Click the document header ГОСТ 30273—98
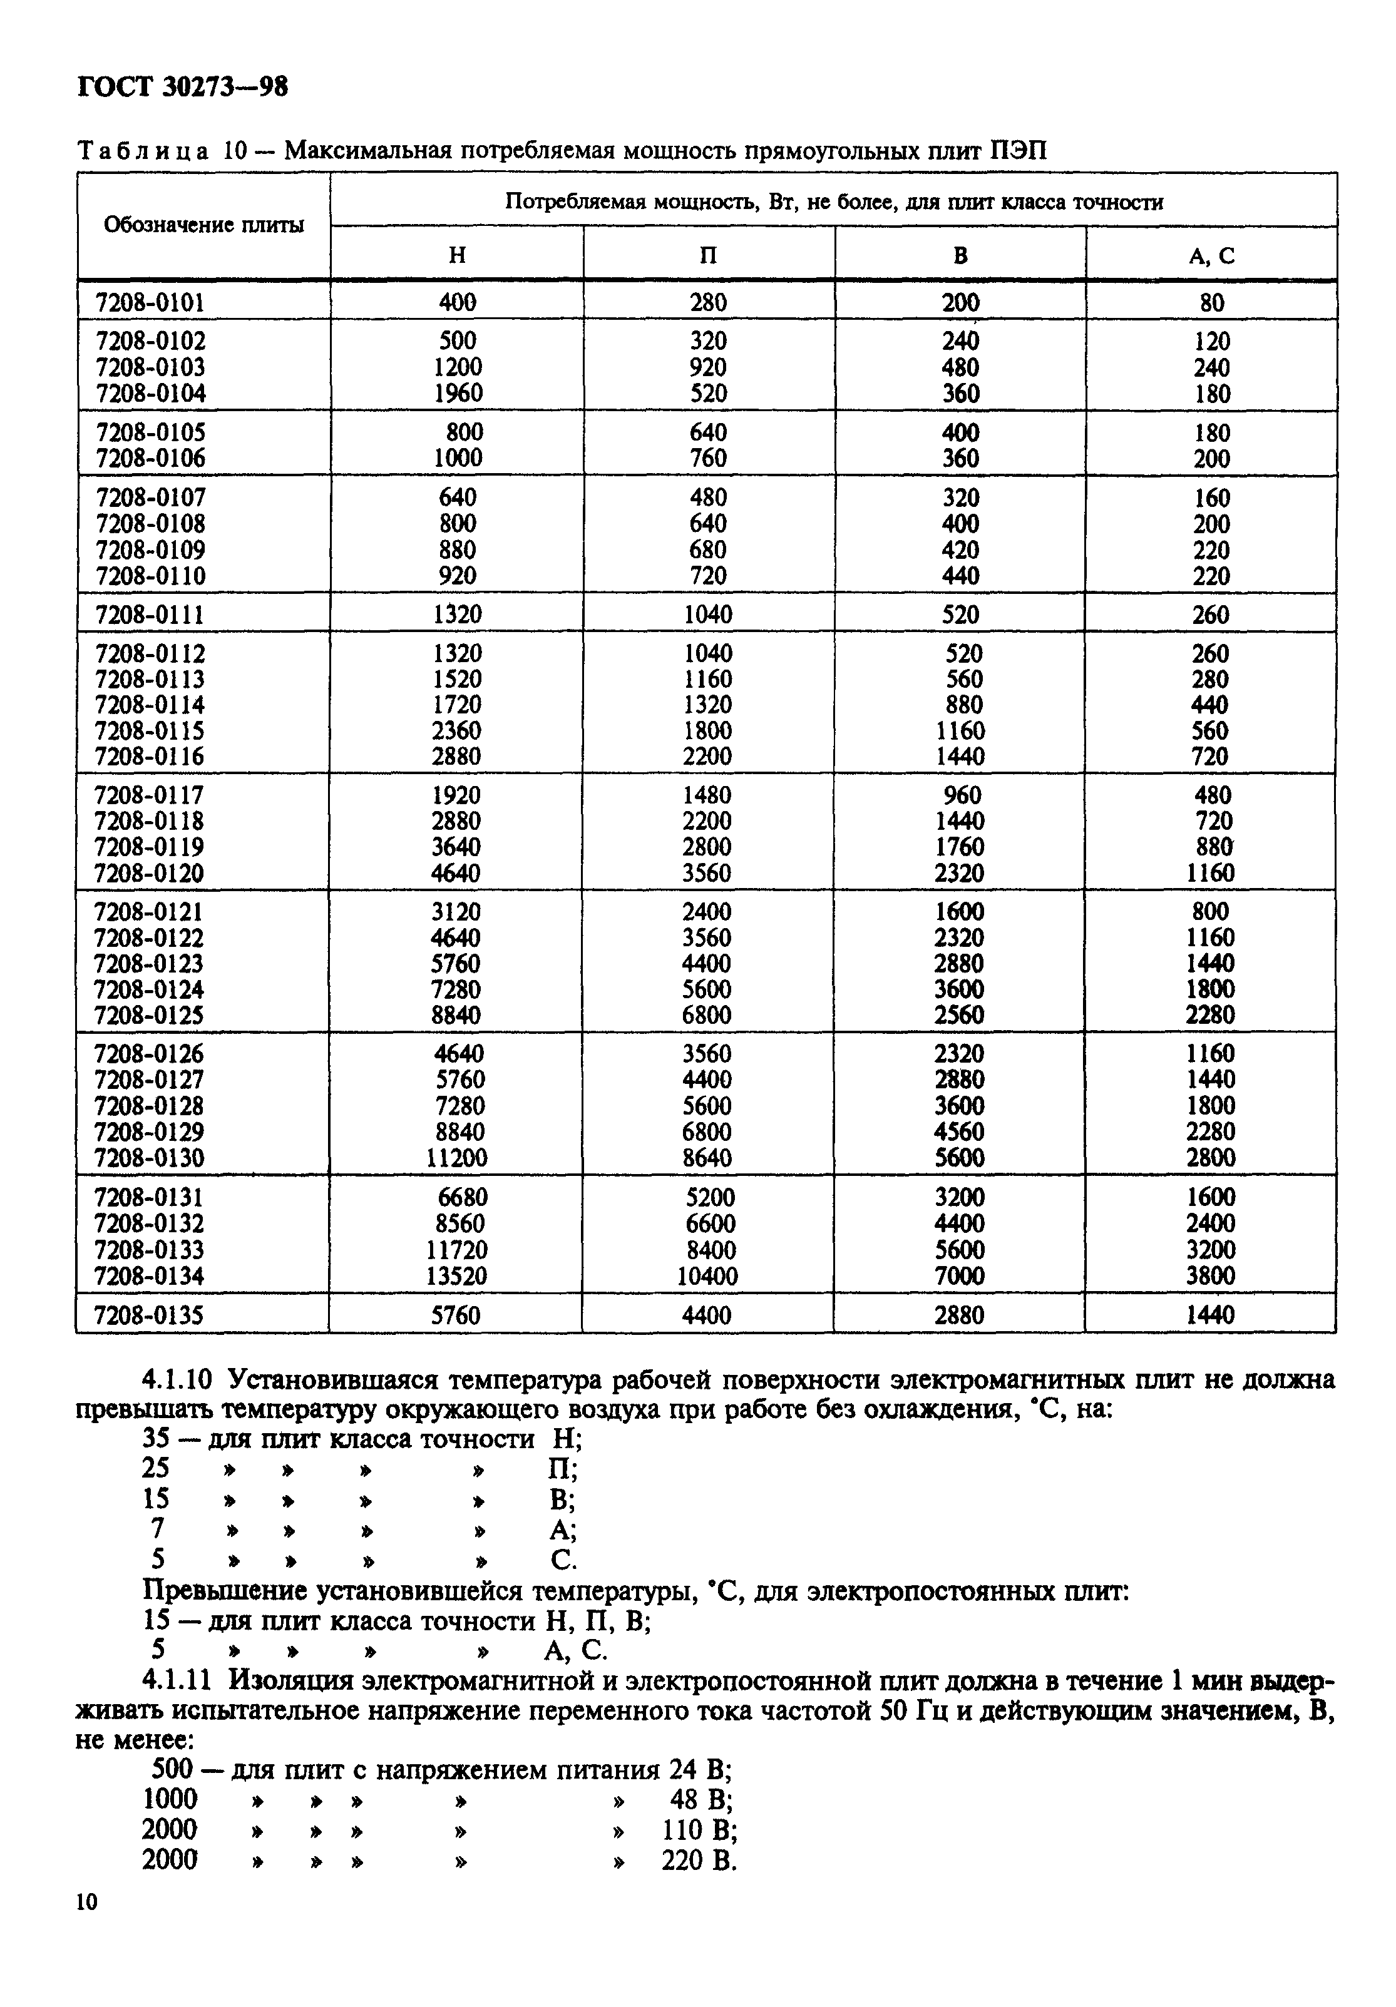(182, 86)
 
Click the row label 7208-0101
(150, 302)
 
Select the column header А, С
(1211, 255)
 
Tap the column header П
(708, 255)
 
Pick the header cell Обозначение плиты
(203, 225)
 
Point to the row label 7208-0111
(150, 615)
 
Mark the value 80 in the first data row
(1211, 302)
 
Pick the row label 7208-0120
(148, 873)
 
